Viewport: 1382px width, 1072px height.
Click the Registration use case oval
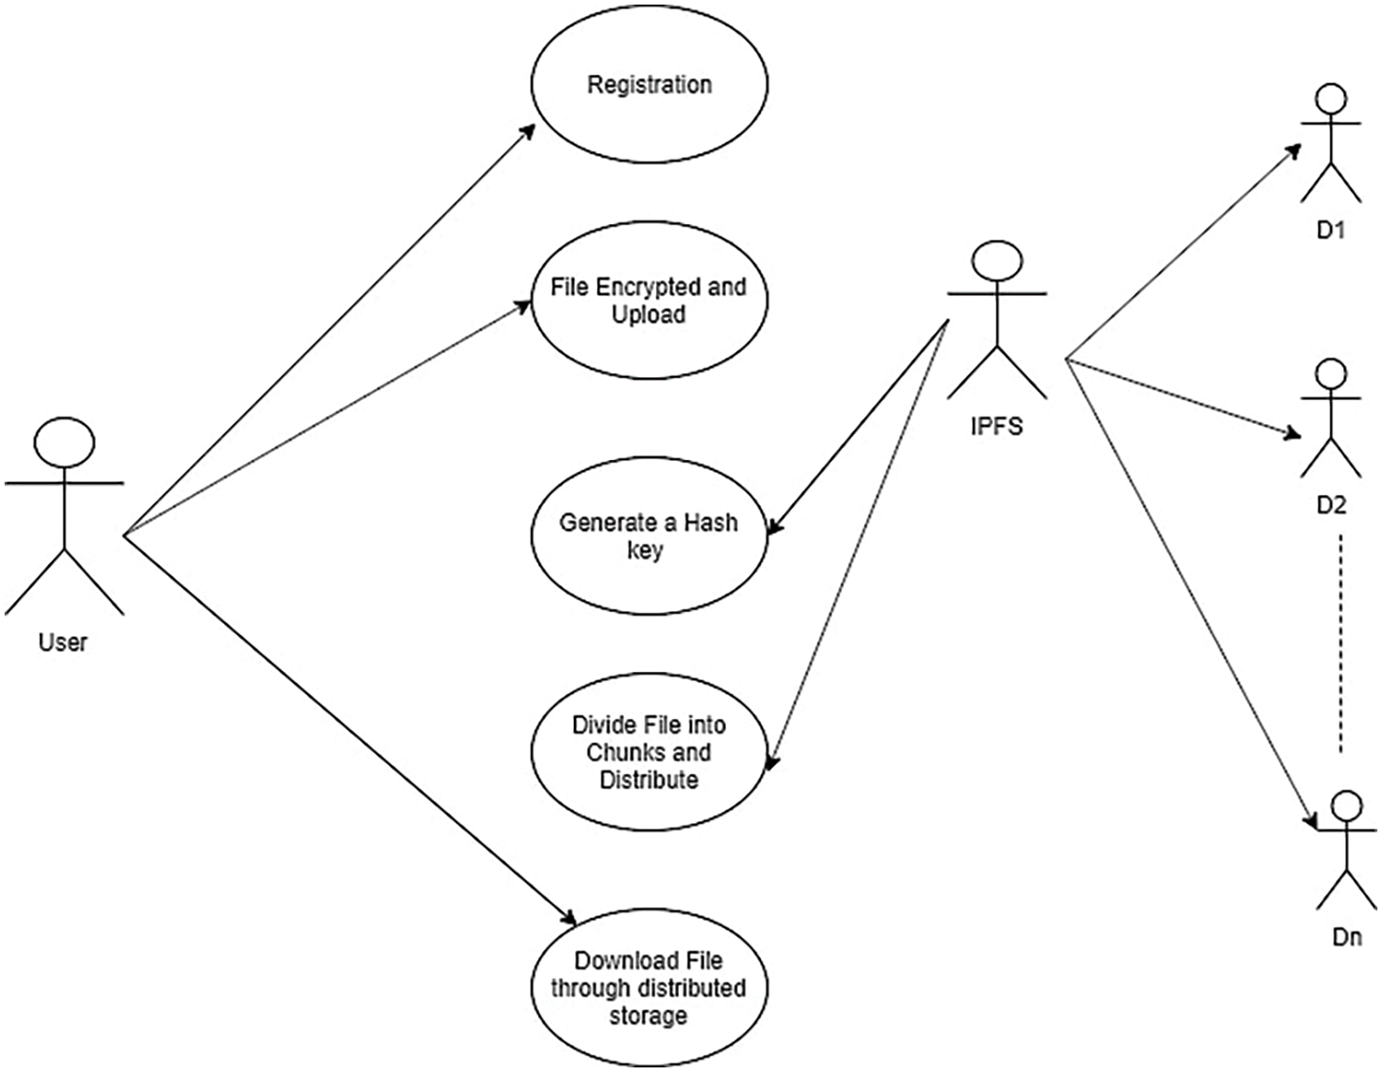[x=650, y=84]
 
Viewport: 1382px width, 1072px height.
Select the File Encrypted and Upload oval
[x=650, y=300]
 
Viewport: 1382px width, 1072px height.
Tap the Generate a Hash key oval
[x=650, y=536]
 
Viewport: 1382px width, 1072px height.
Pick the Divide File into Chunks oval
[x=650, y=751]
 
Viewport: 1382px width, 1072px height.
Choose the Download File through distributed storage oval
[x=650, y=987]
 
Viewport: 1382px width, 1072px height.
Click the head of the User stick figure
[x=64, y=442]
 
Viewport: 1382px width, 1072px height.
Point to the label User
[x=63, y=642]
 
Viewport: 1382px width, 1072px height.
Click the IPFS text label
[x=996, y=427]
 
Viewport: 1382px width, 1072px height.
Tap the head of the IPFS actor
[x=997, y=263]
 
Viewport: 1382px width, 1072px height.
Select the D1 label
[x=1329, y=230]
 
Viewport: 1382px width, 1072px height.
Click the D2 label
[x=1330, y=504]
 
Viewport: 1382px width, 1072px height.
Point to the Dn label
[x=1346, y=938]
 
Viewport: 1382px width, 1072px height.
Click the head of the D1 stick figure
[x=1329, y=100]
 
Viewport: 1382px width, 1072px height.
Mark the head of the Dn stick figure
[x=1346, y=805]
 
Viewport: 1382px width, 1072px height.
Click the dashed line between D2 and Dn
[x=1341, y=645]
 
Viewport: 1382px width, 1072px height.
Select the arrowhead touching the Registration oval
[x=528, y=131]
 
